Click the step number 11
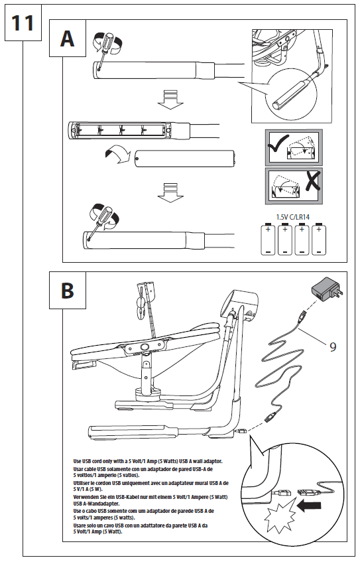click(x=23, y=23)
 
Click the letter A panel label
click(x=68, y=38)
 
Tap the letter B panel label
click(x=68, y=291)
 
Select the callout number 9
click(x=333, y=346)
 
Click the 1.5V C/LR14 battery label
click(x=292, y=217)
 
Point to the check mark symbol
click(x=278, y=143)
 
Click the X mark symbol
click(x=313, y=181)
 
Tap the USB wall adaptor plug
click(x=327, y=291)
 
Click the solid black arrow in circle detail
click(x=309, y=506)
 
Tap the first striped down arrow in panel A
click(x=170, y=100)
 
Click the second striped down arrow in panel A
click(x=170, y=193)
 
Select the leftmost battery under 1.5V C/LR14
click(x=268, y=239)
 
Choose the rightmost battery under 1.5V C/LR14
click(x=319, y=239)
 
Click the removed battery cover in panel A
click(x=184, y=159)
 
